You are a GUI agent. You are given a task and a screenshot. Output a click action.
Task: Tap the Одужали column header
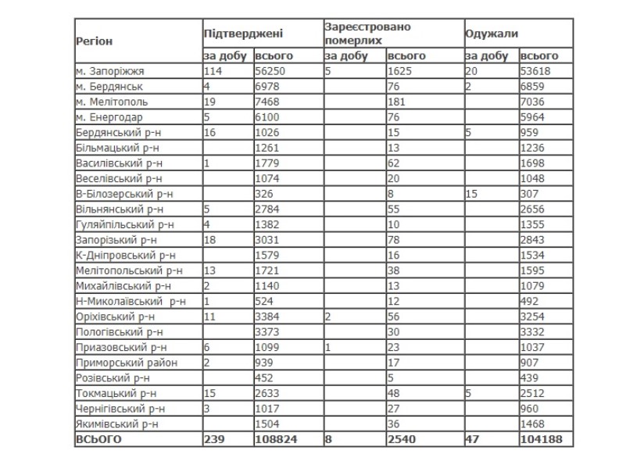click(x=492, y=34)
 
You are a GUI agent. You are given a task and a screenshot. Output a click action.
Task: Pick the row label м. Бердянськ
click(x=109, y=86)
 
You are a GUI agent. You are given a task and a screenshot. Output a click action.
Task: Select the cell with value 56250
click(x=273, y=70)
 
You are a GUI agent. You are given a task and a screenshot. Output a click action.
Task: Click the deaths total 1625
click(x=401, y=70)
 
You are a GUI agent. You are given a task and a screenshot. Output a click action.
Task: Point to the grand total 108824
click(x=276, y=439)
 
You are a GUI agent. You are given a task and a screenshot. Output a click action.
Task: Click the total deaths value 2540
click(x=402, y=439)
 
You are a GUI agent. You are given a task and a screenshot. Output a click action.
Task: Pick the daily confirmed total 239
click(x=214, y=439)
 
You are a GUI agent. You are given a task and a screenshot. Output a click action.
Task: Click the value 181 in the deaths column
click(x=397, y=102)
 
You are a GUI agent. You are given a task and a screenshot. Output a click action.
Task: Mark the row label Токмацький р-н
click(x=116, y=393)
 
